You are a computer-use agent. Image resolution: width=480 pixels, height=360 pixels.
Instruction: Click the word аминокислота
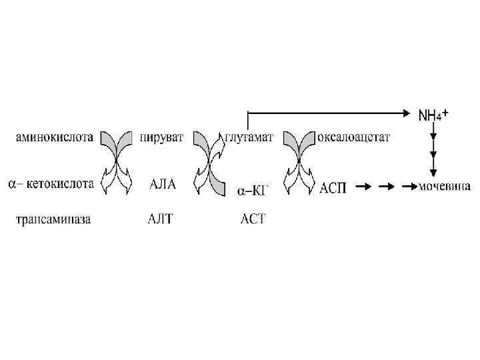click(x=55, y=138)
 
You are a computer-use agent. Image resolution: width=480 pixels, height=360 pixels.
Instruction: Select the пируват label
click(x=161, y=138)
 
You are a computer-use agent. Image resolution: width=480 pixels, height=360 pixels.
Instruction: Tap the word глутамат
click(x=249, y=138)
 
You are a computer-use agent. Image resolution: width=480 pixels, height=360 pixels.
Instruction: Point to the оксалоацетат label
click(x=353, y=138)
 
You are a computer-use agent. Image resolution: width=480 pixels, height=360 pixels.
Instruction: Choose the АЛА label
click(x=162, y=184)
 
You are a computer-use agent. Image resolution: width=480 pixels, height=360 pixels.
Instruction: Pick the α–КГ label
click(x=253, y=191)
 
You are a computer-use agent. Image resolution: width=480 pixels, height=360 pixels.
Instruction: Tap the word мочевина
click(x=445, y=187)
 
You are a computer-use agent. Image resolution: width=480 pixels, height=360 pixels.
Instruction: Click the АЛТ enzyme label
click(x=160, y=219)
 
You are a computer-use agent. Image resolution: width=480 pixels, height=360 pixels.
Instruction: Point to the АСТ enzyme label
click(x=253, y=219)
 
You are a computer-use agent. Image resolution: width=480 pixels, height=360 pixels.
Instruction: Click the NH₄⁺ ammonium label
click(x=432, y=115)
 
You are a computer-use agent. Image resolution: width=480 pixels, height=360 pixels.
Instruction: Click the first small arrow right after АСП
click(x=363, y=187)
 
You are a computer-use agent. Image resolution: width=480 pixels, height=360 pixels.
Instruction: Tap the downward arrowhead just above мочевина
click(x=433, y=173)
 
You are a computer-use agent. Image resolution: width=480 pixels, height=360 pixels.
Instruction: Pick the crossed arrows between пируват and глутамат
click(x=209, y=162)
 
